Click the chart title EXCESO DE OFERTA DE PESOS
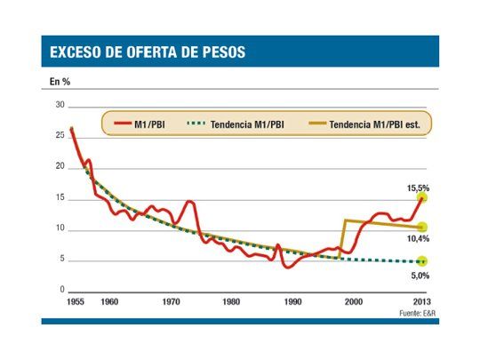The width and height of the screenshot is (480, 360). point(147,52)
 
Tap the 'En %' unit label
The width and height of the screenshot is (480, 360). point(60,83)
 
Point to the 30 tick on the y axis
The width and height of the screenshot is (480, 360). point(60,105)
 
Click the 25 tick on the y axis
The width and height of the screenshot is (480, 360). point(60,136)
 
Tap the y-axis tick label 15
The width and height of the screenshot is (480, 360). point(60,198)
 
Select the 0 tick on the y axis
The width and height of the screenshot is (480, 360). point(62,291)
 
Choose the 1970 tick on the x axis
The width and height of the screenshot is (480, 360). point(170,302)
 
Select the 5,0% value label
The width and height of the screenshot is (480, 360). point(420,275)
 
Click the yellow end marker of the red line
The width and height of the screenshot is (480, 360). point(422,197)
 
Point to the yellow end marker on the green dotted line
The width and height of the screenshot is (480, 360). point(422,261)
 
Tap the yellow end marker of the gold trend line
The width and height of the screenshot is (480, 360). point(422,228)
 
